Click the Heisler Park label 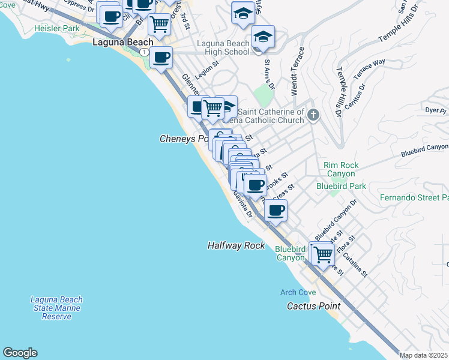56,28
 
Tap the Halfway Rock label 236,245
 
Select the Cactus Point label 309,305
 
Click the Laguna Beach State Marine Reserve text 56,308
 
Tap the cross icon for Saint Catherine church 312,115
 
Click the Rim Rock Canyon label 340,169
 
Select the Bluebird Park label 341,186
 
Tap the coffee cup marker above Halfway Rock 276,211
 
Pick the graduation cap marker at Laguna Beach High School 263,37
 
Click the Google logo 20,353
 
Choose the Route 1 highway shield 144,52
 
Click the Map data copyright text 424,355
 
